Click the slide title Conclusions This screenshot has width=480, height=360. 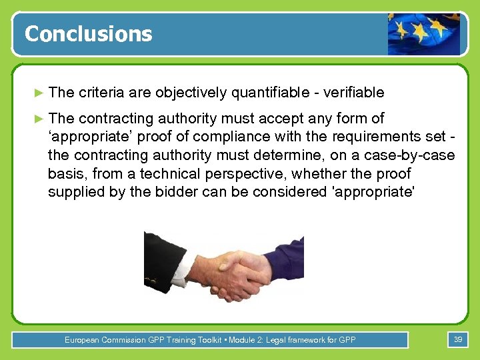tap(88, 34)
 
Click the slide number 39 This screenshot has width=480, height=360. tap(458, 340)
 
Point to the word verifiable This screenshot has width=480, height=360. tap(351, 92)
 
